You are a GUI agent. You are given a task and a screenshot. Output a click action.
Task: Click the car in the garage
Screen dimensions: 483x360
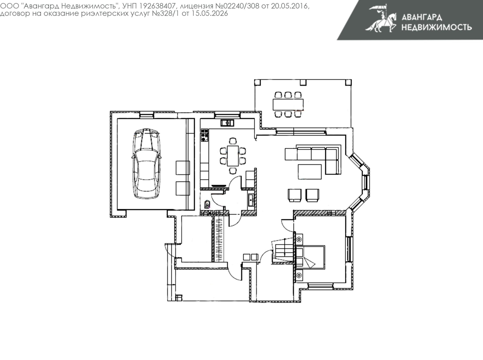[x=146, y=163]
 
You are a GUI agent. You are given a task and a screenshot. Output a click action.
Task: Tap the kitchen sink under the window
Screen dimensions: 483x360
[x=227, y=123]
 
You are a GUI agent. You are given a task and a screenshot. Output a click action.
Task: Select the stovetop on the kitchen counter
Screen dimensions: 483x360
[x=204, y=135]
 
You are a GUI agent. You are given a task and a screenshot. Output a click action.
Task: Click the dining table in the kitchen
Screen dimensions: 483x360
[x=232, y=156]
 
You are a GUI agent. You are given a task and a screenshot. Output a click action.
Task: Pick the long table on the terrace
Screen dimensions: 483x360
[x=288, y=104]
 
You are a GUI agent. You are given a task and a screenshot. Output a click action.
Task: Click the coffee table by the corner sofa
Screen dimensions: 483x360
[x=310, y=172]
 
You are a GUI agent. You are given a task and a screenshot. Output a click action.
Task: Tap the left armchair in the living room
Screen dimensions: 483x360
[x=295, y=195]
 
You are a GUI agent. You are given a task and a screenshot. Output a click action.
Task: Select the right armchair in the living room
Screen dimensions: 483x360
[x=312, y=195]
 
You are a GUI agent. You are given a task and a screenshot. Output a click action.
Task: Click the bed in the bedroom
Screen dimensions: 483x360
[x=310, y=257]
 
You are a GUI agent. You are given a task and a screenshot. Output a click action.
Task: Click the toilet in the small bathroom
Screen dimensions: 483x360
[x=207, y=204]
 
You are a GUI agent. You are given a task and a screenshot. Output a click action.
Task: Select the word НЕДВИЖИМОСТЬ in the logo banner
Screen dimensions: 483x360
[x=437, y=27]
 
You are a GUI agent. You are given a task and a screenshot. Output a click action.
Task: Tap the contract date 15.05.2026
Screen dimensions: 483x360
[x=210, y=14]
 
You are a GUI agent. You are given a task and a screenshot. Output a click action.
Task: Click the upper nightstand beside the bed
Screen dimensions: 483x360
[x=299, y=239]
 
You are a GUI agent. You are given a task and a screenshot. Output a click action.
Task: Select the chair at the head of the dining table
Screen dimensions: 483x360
[x=233, y=141]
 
